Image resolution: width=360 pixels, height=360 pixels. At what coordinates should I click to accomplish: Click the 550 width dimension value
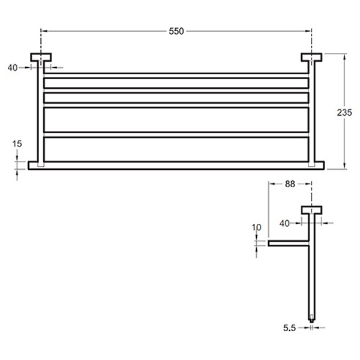click(x=176, y=31)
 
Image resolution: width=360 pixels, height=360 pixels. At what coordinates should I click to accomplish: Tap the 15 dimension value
click(x=17, y=144)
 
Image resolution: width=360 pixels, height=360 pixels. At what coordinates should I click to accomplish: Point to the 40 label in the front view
click(x=12, y=68)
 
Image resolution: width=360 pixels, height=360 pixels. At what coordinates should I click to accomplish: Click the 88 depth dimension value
click(x=290, y=185)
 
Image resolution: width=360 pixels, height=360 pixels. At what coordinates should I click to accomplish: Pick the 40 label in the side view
click(x=285, y=223)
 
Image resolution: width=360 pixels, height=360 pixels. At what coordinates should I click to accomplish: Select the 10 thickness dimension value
click(x=257, y=228)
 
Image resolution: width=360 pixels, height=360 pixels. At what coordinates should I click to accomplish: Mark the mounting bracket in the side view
click(x=311, y=209)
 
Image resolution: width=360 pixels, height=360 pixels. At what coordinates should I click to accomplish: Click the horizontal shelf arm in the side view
click(x=288, y=244)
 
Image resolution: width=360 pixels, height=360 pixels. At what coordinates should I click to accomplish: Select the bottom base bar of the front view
click(x=176, y=164)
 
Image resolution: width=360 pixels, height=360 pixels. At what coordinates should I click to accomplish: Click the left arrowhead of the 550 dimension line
click(x=44, y=31)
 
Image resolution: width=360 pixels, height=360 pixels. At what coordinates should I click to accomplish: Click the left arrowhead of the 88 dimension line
click(x=271, y=185)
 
